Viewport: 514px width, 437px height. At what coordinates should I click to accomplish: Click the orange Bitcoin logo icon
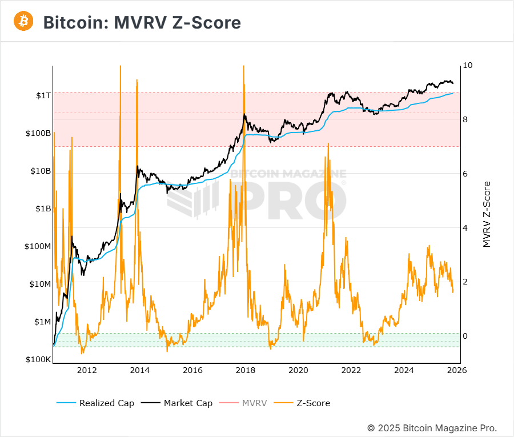24,22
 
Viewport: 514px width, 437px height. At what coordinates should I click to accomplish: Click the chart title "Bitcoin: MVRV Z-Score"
142,22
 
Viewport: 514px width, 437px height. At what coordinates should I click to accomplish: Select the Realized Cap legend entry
107,403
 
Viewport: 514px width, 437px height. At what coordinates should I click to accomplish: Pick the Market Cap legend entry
188,403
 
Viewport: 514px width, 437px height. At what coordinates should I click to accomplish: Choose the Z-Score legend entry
313,403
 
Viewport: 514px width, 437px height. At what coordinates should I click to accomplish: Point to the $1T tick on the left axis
43,95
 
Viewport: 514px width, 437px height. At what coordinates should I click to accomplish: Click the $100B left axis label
38,133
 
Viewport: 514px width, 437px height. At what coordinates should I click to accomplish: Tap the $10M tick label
39,284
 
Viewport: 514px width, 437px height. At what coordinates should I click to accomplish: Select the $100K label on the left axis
38,359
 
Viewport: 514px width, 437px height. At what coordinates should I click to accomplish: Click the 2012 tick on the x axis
87,371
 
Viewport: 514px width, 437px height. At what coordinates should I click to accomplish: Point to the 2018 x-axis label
246,371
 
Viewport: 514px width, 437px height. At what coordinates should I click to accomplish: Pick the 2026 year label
457,371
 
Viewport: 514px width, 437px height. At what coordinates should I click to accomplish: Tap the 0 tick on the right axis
465,336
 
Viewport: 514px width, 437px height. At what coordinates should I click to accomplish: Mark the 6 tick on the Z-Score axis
465,174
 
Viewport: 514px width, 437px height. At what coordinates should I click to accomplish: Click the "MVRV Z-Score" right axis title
487,214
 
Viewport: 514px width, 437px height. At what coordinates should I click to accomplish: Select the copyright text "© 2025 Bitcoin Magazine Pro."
432,428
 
